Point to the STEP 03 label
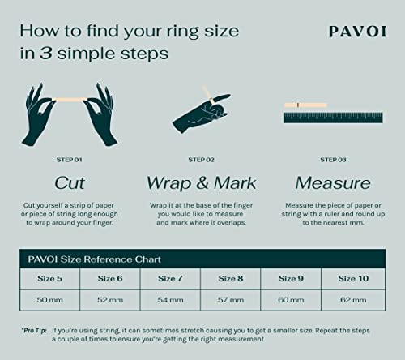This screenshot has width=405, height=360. point(333,160)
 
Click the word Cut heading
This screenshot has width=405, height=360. point(70,182)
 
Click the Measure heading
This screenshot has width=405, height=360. point(333,182)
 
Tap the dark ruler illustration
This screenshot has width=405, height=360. point(333,117)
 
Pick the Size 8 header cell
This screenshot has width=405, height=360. point(232,278)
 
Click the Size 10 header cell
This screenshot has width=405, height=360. point(352,278)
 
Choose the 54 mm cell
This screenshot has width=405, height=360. point(171,298)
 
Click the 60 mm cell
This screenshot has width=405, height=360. point(292,298)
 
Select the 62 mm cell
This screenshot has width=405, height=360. point(352,298)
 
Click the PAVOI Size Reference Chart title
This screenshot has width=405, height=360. point(93,259)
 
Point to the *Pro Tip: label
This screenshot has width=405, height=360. point(34,331)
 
